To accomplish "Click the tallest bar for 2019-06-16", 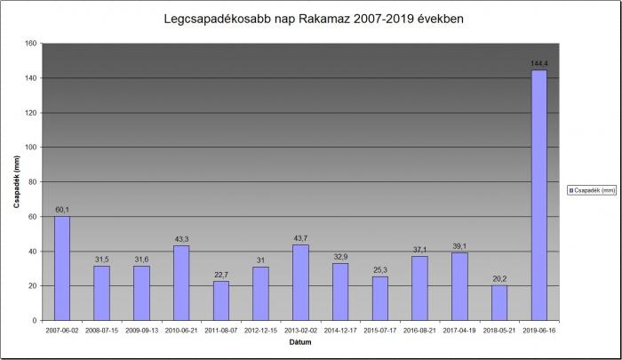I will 538,195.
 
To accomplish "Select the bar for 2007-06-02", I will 61,268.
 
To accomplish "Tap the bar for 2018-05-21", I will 499,302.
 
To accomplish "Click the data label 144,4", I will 538,63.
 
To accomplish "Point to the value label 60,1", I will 61,210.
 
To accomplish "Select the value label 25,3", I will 379,269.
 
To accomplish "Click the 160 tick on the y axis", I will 30,44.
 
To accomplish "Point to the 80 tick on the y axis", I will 32,182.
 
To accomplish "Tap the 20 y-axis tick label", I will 32,286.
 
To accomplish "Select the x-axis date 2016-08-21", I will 419,329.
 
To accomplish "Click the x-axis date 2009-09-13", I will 141,329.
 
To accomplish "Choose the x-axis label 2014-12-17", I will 340,329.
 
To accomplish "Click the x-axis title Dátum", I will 299,341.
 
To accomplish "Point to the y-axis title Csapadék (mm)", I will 16,182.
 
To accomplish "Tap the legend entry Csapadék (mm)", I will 594,189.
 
